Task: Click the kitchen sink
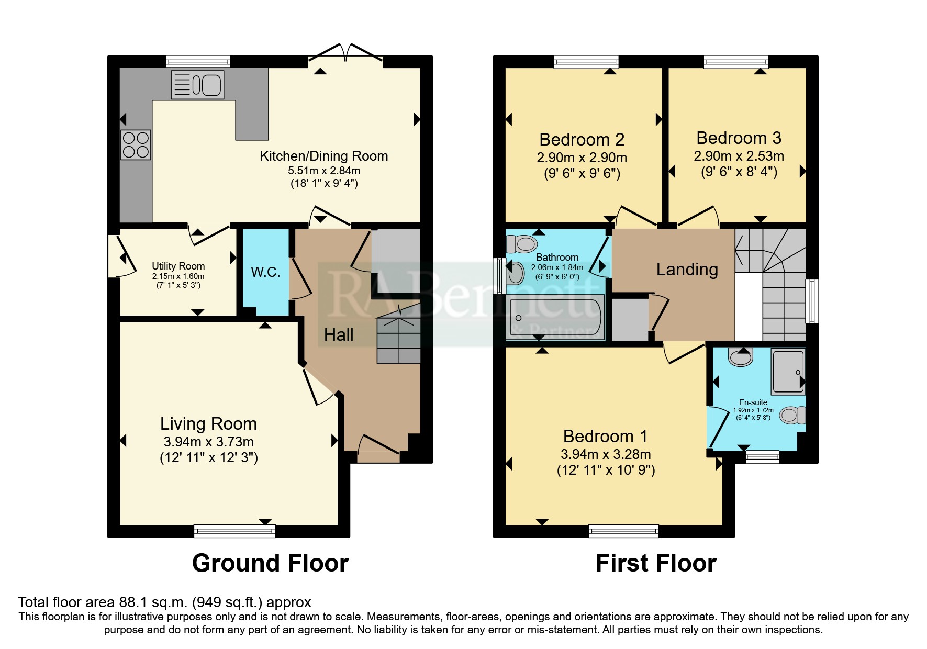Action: [197, 85]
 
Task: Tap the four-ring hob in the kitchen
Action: [136, 145]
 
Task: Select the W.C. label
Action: [265, 272]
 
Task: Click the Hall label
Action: [339, 335]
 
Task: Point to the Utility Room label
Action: [178, 266]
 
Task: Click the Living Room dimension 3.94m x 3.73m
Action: [209, 442]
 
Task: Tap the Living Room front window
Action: [234, 531]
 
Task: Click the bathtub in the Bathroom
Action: [555, 318]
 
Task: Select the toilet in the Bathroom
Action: [521, 243]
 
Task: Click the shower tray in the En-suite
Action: [788, 372]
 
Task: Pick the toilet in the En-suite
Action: [792, 416]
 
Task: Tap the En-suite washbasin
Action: [741, 357]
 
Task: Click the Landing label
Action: [687, 270]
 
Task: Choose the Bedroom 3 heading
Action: [739, 138]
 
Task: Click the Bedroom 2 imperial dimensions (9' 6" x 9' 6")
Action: [582, 173]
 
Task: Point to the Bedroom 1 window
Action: [624, 531]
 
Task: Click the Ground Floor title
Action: [270, 564]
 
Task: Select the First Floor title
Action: [656, 564]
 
